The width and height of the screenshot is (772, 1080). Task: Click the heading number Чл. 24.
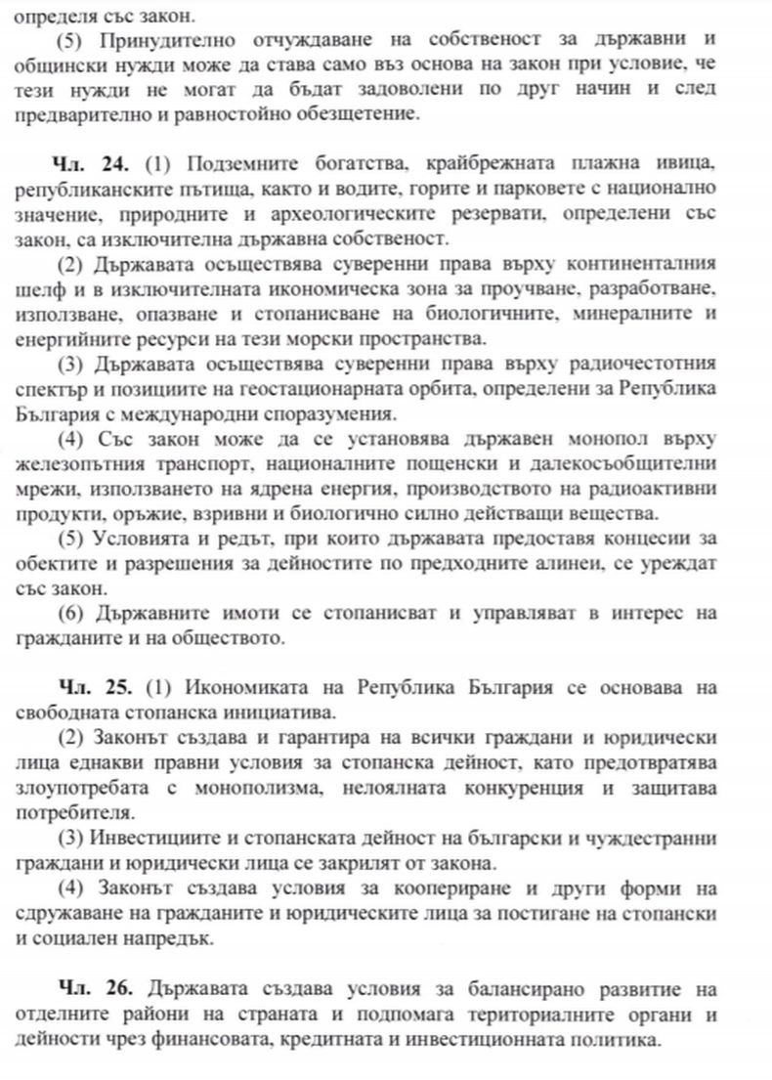[97, 159]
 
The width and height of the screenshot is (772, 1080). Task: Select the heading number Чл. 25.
[97, 687]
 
